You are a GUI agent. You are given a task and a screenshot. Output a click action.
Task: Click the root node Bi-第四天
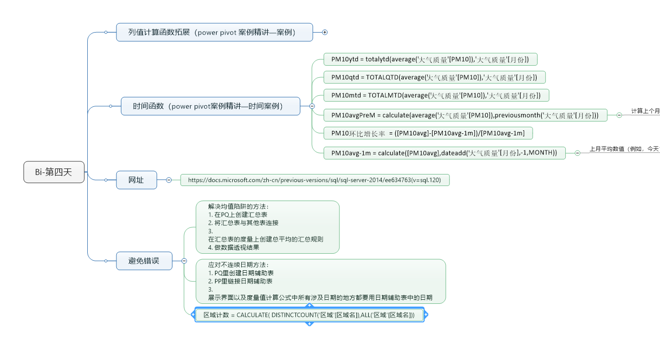[x=54, y=172]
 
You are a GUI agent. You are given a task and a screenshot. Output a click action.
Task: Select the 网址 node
[x=136, y=180]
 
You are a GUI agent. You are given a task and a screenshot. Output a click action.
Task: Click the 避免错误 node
[x=144, y=261]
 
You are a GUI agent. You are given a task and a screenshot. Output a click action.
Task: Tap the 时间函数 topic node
[x=210, y=106]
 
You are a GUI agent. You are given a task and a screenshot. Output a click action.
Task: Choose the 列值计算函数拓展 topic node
[x=214, y=32]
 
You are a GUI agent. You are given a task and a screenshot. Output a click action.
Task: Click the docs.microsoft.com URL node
[x=314, y=180]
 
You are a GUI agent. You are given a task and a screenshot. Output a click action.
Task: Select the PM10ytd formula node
[x=430, y=60]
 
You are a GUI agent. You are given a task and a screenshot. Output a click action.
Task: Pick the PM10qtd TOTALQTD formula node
[x=434, y=77]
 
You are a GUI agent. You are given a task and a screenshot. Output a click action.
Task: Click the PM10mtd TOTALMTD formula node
[x=436, y=95]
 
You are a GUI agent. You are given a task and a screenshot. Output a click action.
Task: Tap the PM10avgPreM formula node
[x=465, y=115]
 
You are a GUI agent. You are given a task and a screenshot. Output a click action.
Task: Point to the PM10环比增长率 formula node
[x=428, y=133]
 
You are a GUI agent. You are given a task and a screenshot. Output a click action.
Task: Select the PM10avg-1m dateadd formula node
[x=444, y=152]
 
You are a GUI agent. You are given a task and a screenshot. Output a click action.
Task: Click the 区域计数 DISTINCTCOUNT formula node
[x=309, y=315]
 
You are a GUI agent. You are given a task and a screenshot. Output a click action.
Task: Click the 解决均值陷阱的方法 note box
[x=267, y=227]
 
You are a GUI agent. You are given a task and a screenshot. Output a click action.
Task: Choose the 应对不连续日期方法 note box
[x=320, y=281]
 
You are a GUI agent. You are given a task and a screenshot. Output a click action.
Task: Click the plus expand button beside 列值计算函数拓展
[x=325, y=32]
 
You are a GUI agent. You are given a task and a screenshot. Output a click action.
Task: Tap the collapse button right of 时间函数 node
[x=312, y=106]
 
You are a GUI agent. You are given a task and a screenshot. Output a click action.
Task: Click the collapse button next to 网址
[x=169, y=180]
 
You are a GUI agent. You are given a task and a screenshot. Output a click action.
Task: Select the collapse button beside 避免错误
[x=184, y=261]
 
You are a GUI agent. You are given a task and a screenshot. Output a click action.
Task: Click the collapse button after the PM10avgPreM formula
[x=619, y=115]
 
